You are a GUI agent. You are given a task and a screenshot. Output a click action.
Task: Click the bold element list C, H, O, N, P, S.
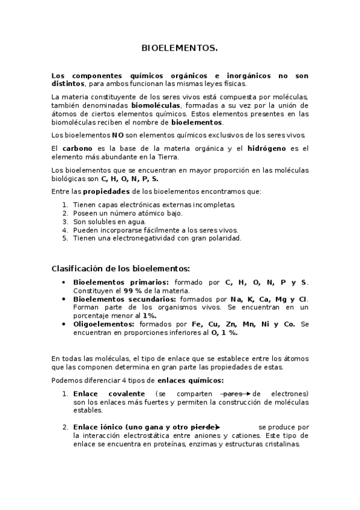point(130,179)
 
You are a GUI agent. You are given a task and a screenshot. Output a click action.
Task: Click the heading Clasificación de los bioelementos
point(121,268)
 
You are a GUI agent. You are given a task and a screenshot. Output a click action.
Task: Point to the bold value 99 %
point(133,290)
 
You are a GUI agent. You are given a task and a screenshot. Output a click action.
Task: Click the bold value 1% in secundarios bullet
point(149,315)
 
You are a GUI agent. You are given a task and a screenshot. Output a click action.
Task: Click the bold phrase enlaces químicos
point(191,380)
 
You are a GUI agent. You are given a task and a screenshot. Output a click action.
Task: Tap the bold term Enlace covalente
point(109,393)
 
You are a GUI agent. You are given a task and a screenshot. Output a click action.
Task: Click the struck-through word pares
point(233,393)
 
